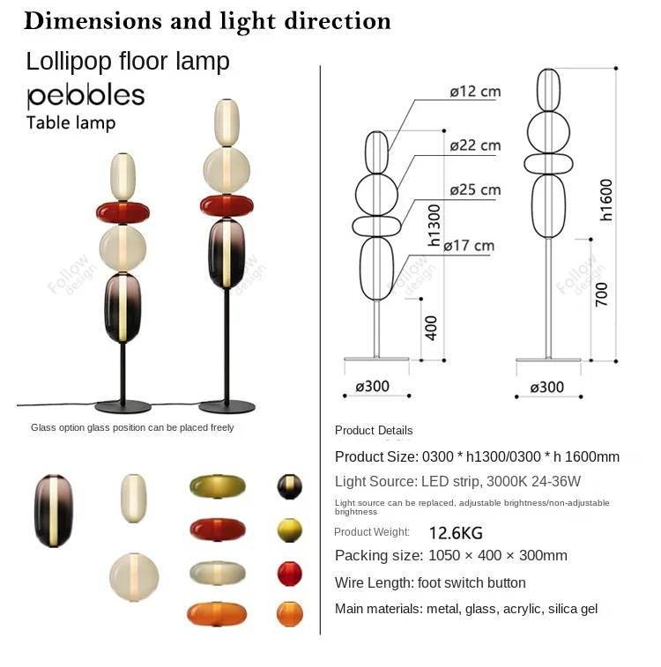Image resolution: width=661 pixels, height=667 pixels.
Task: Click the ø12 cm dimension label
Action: click(474, 93)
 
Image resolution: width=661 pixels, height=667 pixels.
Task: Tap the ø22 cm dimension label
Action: click(474, 145)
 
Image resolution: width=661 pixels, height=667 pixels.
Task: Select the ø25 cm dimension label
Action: click(474, 190)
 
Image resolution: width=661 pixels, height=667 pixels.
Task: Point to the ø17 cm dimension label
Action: click(468, 246)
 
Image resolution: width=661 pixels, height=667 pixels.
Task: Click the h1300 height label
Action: click(434, 225)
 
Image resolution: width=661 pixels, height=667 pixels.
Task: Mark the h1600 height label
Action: click(606, 199)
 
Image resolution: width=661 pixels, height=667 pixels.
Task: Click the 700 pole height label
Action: click(601, 293)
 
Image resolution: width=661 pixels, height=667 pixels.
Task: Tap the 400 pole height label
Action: click(431, 328)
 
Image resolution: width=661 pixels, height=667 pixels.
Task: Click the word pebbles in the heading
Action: click(85, 96)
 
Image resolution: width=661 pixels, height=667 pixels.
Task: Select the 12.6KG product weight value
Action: click(456, 533)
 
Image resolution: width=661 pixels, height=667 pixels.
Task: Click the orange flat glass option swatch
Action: click(216, 613)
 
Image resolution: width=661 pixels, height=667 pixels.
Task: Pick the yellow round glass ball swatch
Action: click(290, 530)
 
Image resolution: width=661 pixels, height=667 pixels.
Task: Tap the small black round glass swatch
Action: click(290, 485)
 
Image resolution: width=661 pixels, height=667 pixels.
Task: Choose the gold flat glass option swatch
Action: click(217, 485)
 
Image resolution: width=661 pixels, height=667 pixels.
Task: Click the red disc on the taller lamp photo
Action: click(228, 205)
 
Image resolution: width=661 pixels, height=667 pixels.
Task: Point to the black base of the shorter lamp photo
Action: click(123, 407)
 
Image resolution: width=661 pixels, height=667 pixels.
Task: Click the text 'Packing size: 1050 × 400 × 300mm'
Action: click(450, 556)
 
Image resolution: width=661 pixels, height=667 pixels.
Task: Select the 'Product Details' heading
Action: click(374, 431)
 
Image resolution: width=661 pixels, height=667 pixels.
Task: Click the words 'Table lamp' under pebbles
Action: click(71, 122)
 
